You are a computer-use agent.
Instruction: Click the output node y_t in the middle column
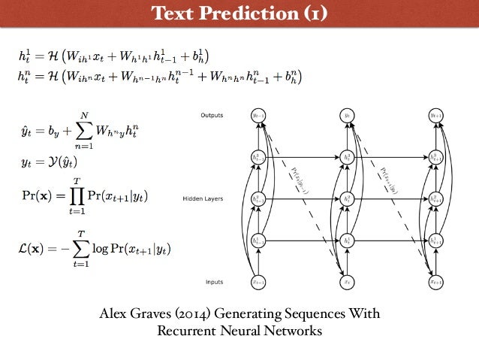[x=347, y=116]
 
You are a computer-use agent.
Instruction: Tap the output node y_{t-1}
[x=258, y=116]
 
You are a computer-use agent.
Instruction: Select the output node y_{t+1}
[x=435, y=116]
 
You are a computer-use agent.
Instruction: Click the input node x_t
[x=347, y=282]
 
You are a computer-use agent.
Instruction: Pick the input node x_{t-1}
[x=258, y=282]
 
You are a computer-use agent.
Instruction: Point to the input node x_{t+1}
[x=435, y=282]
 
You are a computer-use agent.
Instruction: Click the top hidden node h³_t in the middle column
[x=347, y=158]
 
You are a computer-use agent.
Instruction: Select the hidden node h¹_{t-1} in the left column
[x=258, y=241]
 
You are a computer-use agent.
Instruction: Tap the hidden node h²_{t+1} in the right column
[x=435, y=199]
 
